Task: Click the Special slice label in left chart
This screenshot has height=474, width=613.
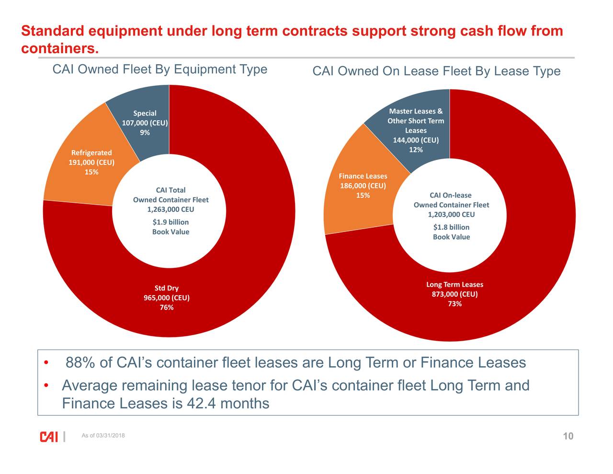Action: (x=145, y=114)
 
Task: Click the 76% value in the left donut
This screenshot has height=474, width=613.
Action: (x=167, y=308)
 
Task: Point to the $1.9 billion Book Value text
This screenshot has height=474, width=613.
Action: (x=170, y=227)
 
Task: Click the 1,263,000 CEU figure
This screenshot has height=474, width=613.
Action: (x=170, y=209)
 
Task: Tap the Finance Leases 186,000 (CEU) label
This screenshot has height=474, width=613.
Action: (x=363, y=181)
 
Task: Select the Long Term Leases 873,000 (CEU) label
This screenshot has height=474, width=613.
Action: (x=454, y=289)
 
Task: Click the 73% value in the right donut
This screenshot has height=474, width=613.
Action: (x=454, y=304)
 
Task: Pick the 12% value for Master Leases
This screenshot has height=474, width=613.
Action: (x=416, y=150)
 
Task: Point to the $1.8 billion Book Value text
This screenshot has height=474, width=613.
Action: (x=451, y=232)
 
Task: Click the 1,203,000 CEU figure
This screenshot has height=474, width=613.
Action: (x=451, y=215)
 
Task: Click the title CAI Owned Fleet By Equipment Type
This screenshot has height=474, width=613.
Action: (x=159, y=69)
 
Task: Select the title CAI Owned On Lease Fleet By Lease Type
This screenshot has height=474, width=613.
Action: (x=436, y=71)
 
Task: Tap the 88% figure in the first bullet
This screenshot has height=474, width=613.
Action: (x=80, y=363)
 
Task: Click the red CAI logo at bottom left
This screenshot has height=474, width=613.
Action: (x=49, y=437)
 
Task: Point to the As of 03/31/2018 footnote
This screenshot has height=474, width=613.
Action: (x=103, y=436)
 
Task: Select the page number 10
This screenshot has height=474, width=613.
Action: (x=568, y=436)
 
